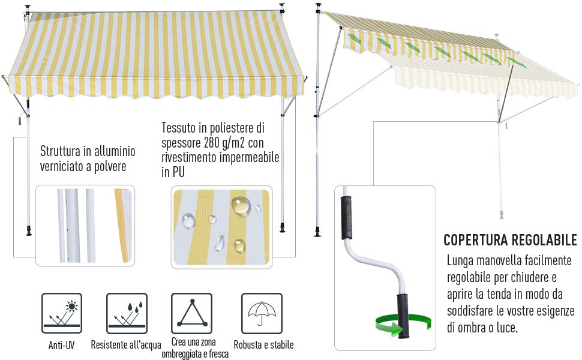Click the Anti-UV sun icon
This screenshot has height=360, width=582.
(62, 313)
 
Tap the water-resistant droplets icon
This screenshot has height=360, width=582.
(127, 313)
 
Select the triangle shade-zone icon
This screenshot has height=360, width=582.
(191, 313)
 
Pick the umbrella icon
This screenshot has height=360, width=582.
(262, 313)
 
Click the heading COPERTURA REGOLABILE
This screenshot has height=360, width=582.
(510, 241)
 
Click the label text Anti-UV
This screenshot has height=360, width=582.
(62, 345)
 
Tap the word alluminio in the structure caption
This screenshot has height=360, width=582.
(115, 151)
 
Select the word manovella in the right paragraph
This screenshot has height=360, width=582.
(491, 261)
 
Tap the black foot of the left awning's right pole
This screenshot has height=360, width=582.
(283, 229)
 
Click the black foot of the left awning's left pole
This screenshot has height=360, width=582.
(28, 230)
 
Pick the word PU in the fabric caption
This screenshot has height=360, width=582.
(178, 172)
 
